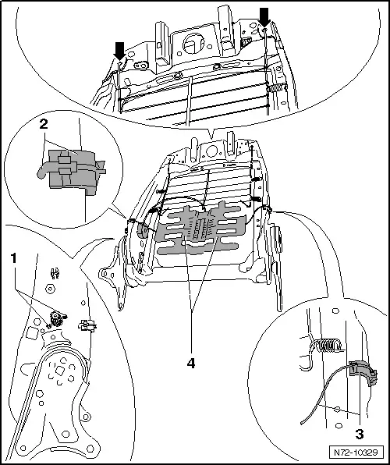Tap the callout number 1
(x=12, y=256)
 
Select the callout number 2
(x=44, y=125)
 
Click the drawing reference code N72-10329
(x=357, y=452)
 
